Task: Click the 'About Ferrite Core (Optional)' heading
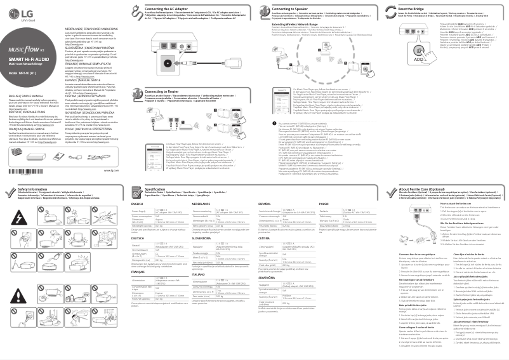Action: (x=419, y=189)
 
